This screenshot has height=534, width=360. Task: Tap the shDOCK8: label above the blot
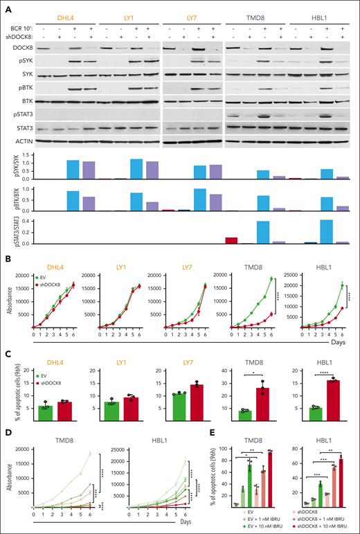(24, 37)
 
